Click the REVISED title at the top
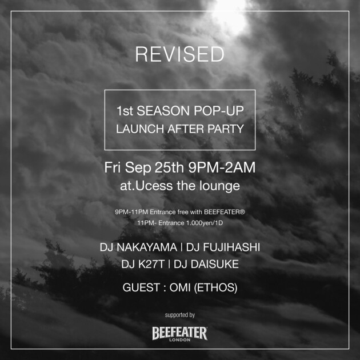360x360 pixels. (179, 54)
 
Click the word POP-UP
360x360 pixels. (218, 111)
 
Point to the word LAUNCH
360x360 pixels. (140, 129)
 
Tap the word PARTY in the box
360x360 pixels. (226, 129)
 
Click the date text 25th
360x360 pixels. (169, 167)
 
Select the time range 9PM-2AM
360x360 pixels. (222, 167)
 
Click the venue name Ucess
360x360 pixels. (154, 186)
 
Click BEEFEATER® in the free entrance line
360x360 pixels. (225, 211)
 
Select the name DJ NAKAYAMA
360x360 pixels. (138, 247)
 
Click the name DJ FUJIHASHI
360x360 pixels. (223, 247)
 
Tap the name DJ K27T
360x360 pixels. (143, 264)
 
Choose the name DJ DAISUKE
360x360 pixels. (206, 264)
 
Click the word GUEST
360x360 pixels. (141, 287)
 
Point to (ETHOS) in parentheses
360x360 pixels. (215, 287)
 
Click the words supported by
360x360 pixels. (180, 315)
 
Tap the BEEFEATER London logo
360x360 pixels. (180, 334)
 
